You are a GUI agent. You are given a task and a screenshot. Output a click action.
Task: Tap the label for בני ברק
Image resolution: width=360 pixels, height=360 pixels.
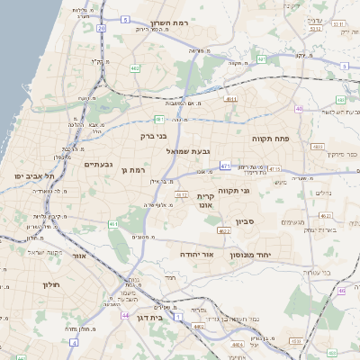156,137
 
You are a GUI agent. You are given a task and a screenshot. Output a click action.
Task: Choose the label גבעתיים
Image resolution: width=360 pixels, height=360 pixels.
98,165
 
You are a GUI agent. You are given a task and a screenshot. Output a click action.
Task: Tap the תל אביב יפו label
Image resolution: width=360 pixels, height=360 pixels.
35,175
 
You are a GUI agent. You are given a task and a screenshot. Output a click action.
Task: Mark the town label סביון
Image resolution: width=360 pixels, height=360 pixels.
246,221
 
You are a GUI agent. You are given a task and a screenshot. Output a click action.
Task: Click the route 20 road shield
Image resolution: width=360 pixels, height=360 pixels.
102,28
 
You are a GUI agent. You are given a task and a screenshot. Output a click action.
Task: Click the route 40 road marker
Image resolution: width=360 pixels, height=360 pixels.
298,108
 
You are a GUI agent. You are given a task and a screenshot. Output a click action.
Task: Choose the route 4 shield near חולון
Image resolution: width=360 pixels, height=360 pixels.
71,342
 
